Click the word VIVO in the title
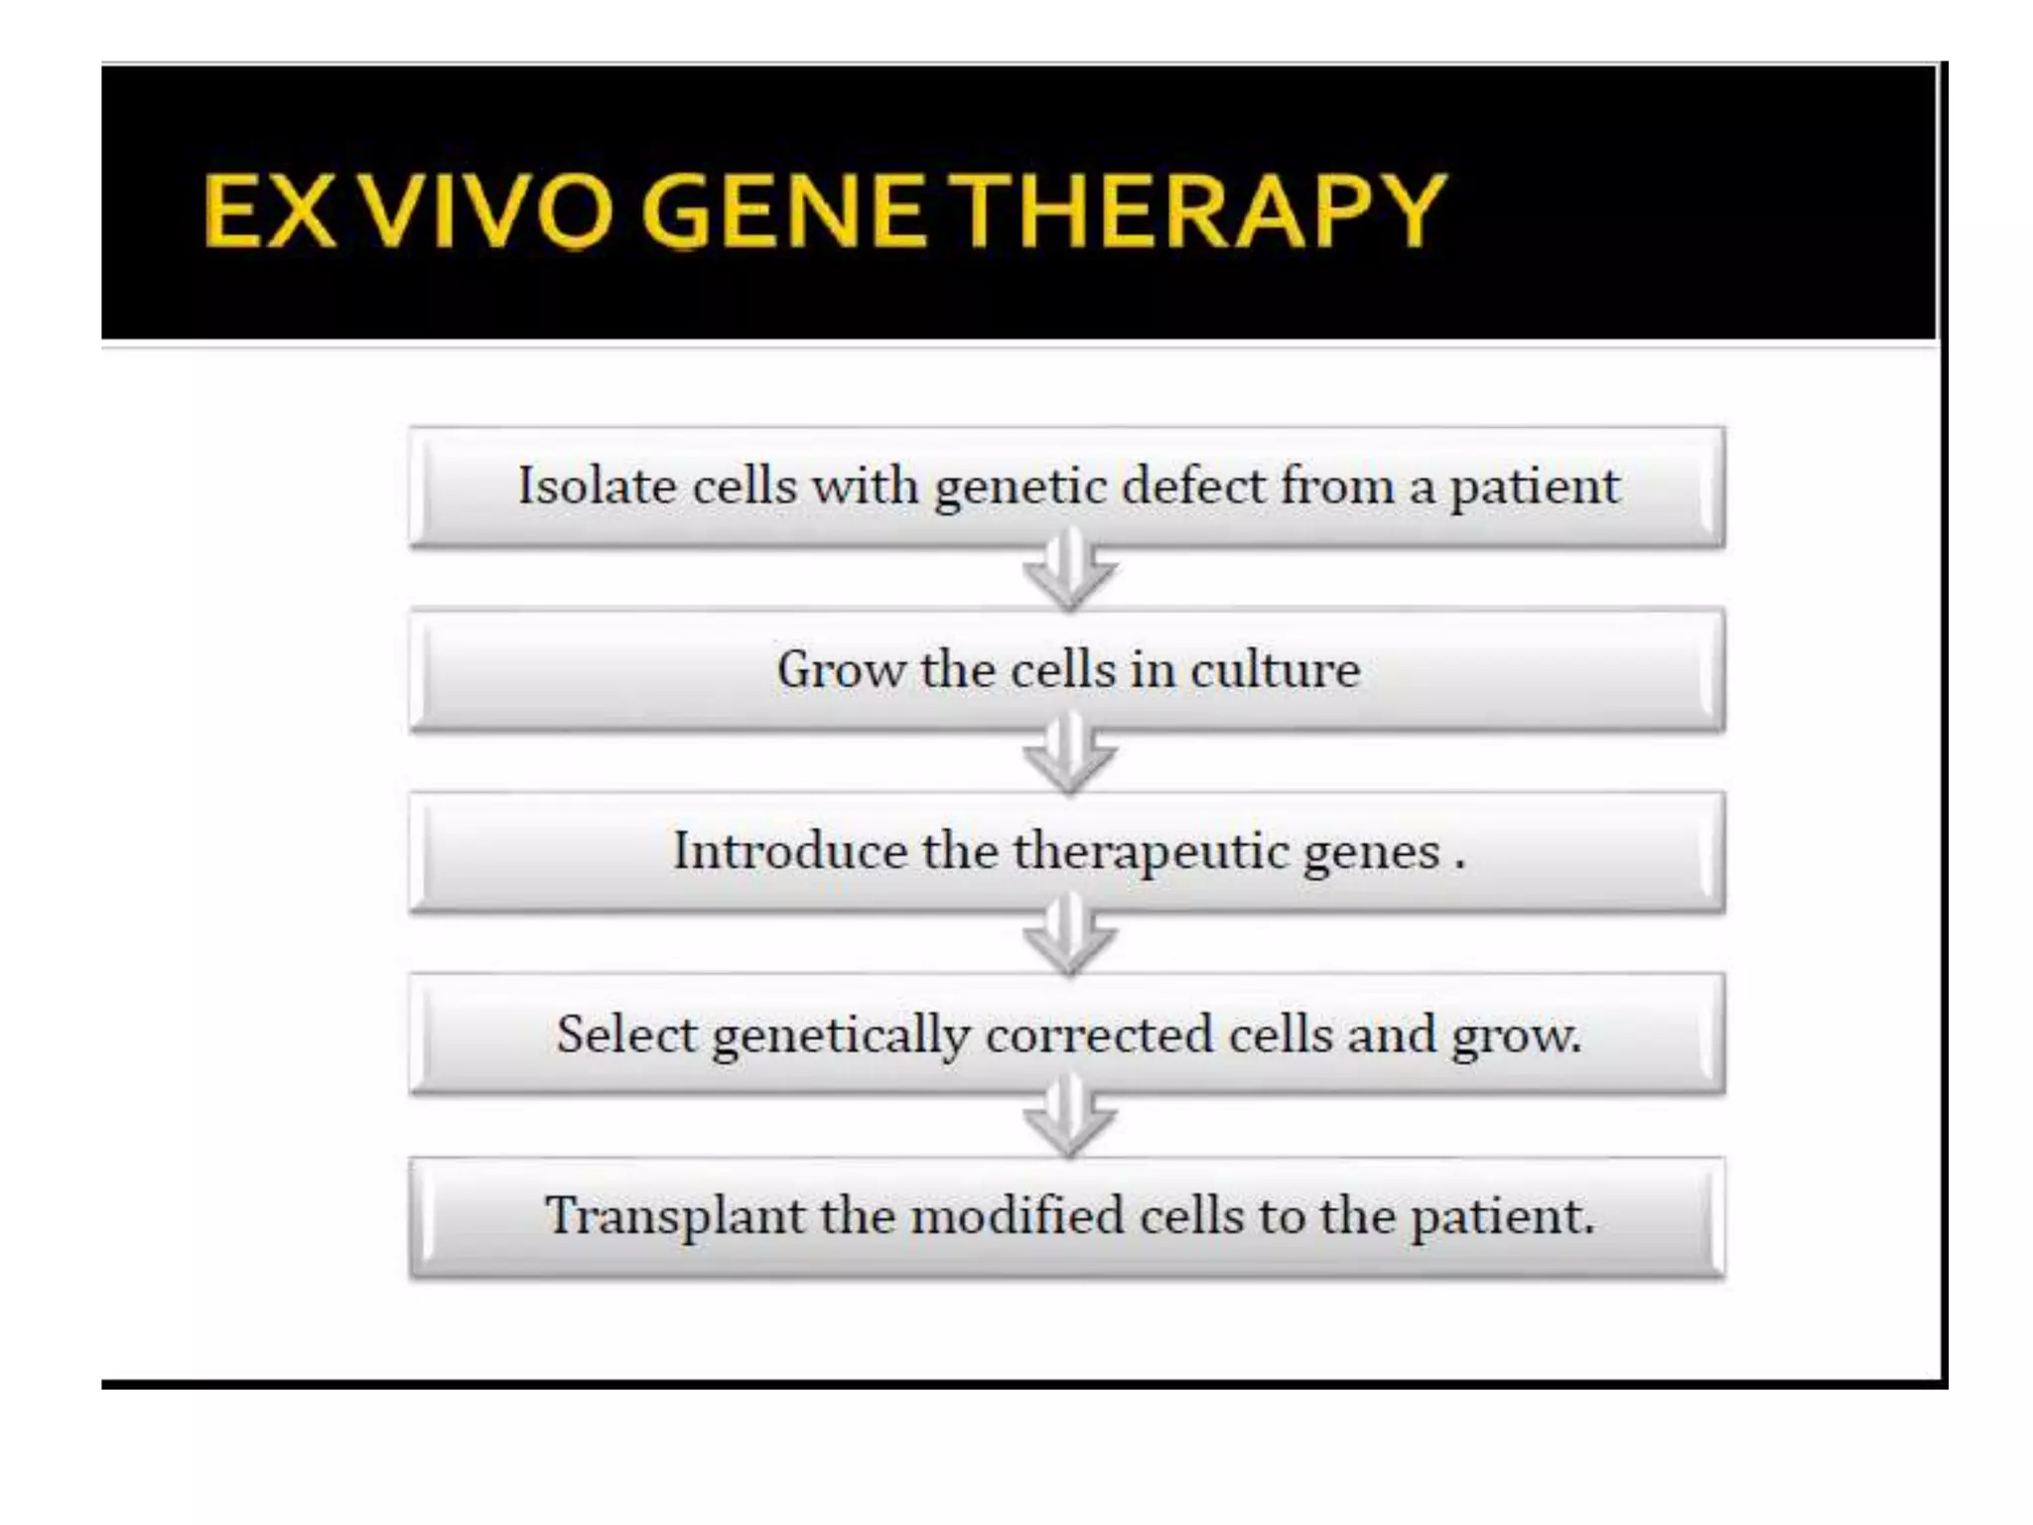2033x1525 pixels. coord(486,210)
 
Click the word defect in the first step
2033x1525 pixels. coord(1193,486)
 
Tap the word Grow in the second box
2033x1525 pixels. coord(840,668)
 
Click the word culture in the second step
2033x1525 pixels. coord(1276,668)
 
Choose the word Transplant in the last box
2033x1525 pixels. coord(674,1216)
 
